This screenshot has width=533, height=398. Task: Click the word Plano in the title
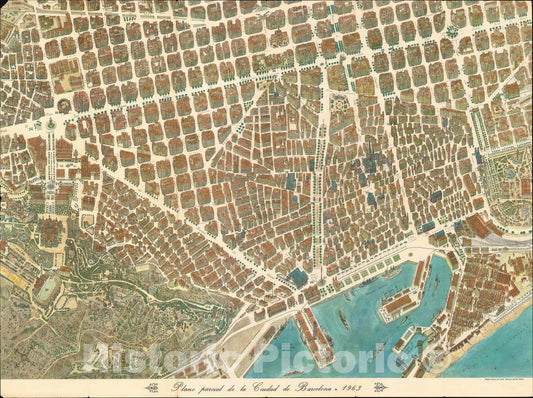[x=184, y=387]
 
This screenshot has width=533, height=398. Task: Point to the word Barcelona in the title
[x=329, y=387]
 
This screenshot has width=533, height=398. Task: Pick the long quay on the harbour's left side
[x=314, y=330]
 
